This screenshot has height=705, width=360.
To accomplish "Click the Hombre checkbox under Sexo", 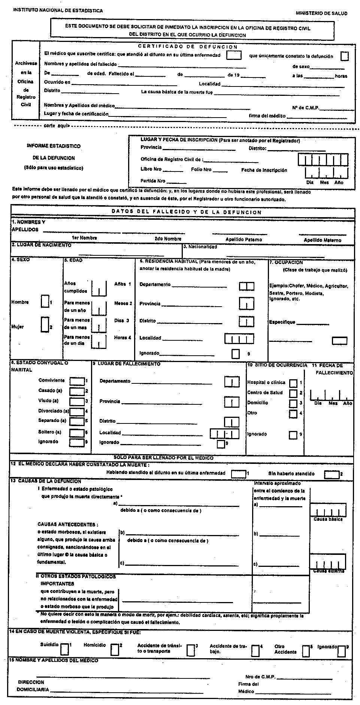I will [45, 301].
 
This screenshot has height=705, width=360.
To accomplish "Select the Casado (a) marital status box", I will [77, 391].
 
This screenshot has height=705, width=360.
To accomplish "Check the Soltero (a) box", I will [77, 432].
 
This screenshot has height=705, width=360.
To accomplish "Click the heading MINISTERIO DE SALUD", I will [321, 13].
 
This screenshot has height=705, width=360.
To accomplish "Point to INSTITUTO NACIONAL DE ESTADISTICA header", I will [58, 11].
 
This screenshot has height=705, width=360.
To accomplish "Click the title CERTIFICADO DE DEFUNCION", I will [188, 47].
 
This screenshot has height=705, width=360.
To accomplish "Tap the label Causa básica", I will [328, 520].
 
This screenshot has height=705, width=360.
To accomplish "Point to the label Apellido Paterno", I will [243, 239].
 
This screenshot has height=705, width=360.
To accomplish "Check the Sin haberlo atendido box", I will [332, 474].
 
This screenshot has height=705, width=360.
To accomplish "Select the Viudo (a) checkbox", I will [77, 401].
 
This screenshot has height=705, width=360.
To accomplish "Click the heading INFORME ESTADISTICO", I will [54, 146].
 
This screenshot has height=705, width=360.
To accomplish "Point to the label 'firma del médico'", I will [267, 116].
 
